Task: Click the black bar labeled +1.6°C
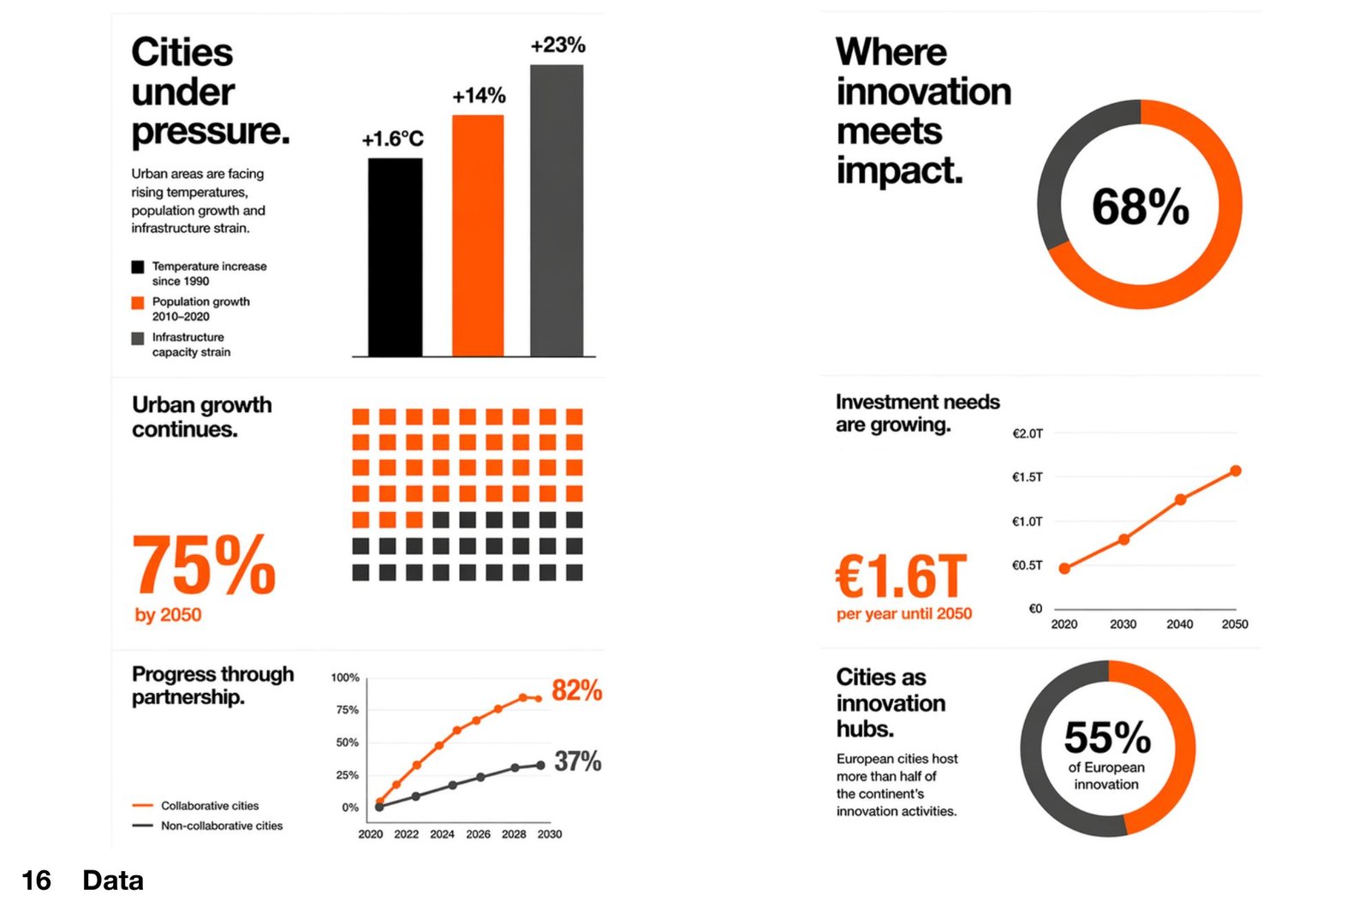click(395, 257)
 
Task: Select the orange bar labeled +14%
click(478, 236)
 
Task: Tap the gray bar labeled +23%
click(557, 210)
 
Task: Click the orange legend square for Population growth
click(137, 302)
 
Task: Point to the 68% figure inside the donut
click(1140, 206)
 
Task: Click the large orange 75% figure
click(204, 565)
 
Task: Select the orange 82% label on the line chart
click(576, 690)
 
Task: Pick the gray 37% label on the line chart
click(577, 761)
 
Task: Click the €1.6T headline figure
click(902, 576)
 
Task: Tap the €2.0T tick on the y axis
click(1027, 433)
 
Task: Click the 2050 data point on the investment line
click(1236, 471)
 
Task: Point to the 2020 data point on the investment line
click(1064, 569)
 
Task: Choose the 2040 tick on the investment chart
click(1179, 624)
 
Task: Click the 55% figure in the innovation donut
click(1107, 737)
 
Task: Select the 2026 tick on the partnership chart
click(478, 834)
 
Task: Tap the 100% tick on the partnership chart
click(345, 677)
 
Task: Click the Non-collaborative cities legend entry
click(221, 826)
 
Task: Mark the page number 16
click(36, 880)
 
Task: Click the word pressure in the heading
click(210, 131)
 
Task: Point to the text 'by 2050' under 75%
click(168, 615)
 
